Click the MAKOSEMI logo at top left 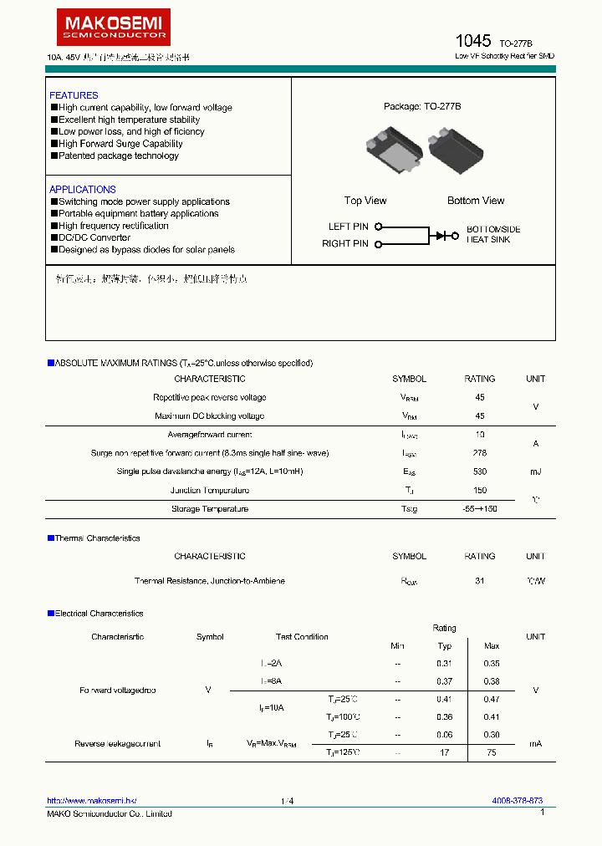(x=113, y=27)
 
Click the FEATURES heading (x=74, y=95)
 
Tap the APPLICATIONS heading (x=82, y=190)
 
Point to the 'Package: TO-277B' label (x=422, y=107)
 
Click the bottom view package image (x=456, y=149)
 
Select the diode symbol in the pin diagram (x=441, y=236)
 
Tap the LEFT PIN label (x=348, y=227)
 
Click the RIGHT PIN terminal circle (x=378, y=244)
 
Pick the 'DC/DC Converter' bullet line (x=94, y=237)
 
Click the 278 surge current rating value (x=479, y=453)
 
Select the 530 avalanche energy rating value (x=479, y=471)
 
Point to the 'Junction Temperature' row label (x=210, y=491)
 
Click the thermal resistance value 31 (x=479, y=581)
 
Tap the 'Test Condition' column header (x=302, y=637)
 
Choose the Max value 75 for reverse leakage (x=492, y=752)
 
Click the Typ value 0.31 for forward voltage (x=444, y=663)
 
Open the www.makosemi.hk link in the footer (x=91, y=801)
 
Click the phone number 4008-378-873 (x=517, y=801)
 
